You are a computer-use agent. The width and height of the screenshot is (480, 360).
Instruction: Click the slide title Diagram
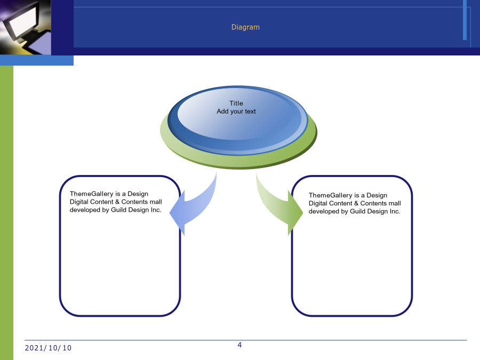pos(245,27)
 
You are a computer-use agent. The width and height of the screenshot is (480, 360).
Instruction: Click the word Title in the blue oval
pos(236,103)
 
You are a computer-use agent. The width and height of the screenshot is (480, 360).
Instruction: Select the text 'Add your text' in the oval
pos(236,111)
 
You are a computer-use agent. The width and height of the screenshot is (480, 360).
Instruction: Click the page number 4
pos(239,345)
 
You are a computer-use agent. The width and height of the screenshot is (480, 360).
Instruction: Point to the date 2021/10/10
pos(48,348)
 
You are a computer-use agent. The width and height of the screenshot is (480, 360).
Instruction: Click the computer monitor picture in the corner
pos(26,27)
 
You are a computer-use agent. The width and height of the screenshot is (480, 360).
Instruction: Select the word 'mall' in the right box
pos(394,203)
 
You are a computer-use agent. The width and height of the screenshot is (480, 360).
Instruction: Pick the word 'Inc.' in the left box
pos(156,210)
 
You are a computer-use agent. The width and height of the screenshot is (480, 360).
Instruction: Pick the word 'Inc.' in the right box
pos(395,211)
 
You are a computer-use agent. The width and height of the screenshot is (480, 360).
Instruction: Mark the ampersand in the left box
pos(117,202)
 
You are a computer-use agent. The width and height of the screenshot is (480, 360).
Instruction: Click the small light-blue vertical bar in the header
pos(465,20)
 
